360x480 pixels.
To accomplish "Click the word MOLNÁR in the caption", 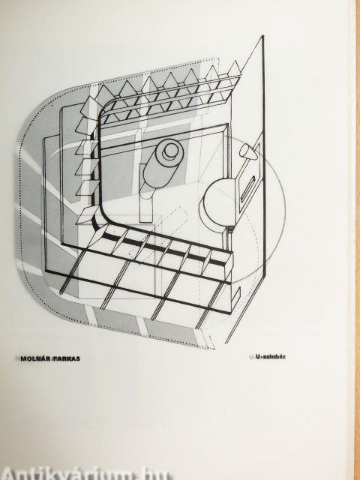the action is pos(36,358).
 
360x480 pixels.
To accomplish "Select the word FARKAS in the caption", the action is pos(67,358).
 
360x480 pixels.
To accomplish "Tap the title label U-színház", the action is pos(270,357).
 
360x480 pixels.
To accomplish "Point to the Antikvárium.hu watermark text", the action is pos(87,474).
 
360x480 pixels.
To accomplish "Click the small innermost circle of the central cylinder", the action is pos(171,151).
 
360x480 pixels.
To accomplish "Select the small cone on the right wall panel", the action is pos(248,152).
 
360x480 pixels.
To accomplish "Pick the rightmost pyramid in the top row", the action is pos(235,69).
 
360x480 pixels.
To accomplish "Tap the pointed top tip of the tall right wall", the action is pos(263,36).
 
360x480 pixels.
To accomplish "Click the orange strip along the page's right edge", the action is pos(358,240).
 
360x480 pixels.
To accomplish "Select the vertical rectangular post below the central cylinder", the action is pos(146,203).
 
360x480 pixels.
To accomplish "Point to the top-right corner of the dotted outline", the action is pos(220,58).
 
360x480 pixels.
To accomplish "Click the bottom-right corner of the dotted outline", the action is pos(214,348).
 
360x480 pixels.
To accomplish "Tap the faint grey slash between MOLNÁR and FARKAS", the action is pos(52,358).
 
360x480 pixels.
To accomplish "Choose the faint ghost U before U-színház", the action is pos(252,357).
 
